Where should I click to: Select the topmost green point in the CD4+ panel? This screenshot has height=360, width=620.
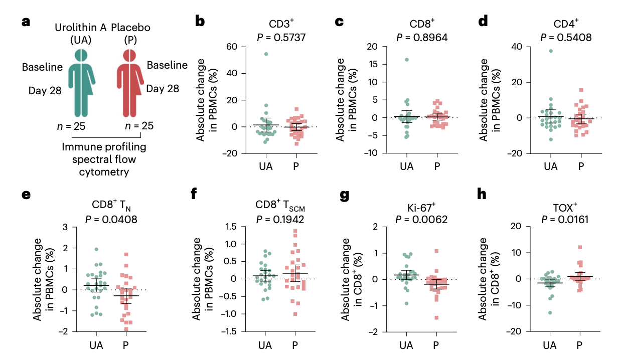click(550, 51)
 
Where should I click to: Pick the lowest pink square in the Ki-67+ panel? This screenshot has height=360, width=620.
click(436, 318)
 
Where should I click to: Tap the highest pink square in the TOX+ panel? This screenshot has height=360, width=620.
click(579, 247)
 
